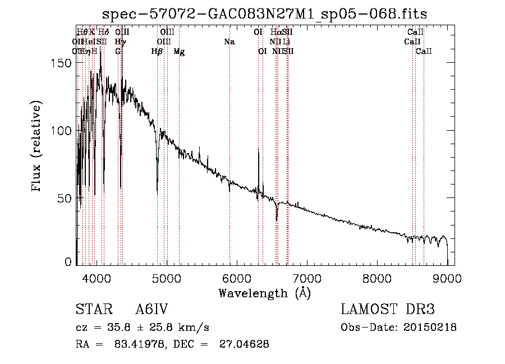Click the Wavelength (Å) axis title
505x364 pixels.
click(x=264, y=293)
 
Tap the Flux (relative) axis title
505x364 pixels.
click(x=38, y=147)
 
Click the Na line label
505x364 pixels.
click(x=229, y=42)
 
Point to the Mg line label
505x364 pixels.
click(x=179, y=52)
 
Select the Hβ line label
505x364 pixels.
click(x=157, y=52)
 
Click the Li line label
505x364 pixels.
click(x=286, y=42)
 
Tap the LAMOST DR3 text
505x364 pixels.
click(x=388, y=310)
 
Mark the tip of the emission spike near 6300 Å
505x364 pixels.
click(x=258, y=148)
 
